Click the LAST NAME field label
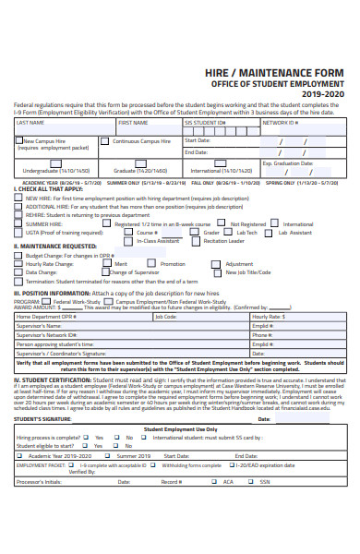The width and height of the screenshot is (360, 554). [x=31, y=122]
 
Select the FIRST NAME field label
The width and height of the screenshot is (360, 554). [x=133, y=122]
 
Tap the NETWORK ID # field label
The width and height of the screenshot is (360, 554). [x=281, y=122]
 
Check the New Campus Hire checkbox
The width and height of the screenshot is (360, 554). [x=18, y=141]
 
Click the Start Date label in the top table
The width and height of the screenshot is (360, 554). [x=197, y=140]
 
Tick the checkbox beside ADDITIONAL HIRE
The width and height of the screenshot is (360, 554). [x=19, y=207]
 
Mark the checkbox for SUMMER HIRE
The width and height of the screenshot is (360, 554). [x=19, y=223]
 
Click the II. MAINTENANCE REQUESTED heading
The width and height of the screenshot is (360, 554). [x=54, y=247]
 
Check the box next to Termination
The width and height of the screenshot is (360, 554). [x=19, y=281]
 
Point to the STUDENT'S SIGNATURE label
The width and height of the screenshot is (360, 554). [x=42, y=419]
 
